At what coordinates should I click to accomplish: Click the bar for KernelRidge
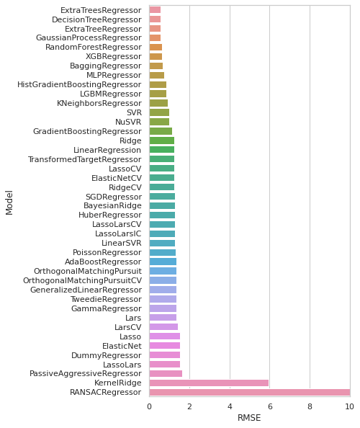[x=209, y=383]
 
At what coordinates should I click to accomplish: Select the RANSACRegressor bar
[x=250, y=392]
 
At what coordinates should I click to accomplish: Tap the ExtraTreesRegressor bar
[x=155, y=10]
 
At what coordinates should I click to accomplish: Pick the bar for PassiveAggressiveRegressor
[x=166, y=374]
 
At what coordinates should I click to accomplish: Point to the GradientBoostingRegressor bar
[x=161, y=131]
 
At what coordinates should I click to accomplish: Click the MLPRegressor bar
[x=157, y=76]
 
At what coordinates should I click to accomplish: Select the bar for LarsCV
[x=163, y=327]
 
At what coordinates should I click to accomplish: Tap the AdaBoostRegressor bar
[x=163, y=262]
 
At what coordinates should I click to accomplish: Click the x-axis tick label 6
[x=270, y=406]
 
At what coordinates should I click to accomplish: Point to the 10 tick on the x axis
[x=350, y=406]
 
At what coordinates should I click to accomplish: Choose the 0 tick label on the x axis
[x=150, y=406]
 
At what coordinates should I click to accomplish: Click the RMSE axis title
[x=249, y=418]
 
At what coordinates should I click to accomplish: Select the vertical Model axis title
[x=9, y=202]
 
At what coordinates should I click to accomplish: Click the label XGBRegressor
[x=114, y=56]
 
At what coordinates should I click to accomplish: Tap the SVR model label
[x=134, y=112]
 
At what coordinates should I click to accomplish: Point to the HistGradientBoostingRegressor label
[x=79, y=84]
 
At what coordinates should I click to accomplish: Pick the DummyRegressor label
[x=107, y=355]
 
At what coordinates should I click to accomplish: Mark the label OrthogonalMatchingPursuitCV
[x=82, y=280]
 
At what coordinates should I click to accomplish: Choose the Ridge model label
[x=130, y=141]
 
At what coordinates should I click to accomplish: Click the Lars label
[x=133, y=318]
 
